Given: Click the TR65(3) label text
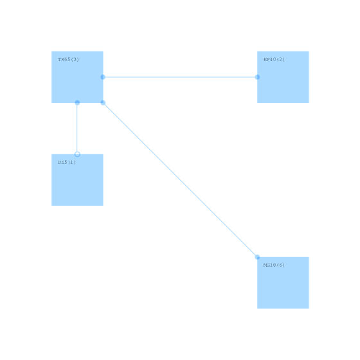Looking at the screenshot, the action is (x=68, y=59).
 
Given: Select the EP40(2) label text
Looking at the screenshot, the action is (x=274, y=59).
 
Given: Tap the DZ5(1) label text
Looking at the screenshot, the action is (x=67, y=162).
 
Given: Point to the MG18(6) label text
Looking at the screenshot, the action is (x=274, y=265).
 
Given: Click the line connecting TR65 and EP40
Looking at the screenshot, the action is (x=180, y=77).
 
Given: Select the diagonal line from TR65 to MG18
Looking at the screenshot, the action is (x=180, y=180).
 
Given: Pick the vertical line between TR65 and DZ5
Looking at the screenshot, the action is (x=77, y=129).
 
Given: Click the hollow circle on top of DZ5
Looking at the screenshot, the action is (x=77, y=154).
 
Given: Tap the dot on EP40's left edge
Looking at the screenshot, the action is (x=257, y=77).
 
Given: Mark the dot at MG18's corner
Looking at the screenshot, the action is (x=257, y=257).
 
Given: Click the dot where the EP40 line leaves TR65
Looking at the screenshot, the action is (x=103, y=77).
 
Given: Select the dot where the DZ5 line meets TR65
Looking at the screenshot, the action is (x=77, y=103).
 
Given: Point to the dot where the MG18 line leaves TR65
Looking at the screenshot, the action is (x=103, y=103).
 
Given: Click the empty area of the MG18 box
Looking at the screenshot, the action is (x=283, y=287).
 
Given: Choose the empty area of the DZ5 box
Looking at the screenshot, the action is (x=77, y=185).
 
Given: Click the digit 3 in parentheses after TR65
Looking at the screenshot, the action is (x=75, y=59).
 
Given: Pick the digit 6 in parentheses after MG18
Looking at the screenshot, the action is (x=280, y=265).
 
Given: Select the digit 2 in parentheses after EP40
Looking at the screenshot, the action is (x=280, y=59).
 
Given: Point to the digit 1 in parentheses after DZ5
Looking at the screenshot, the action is (x=71, y=162).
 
